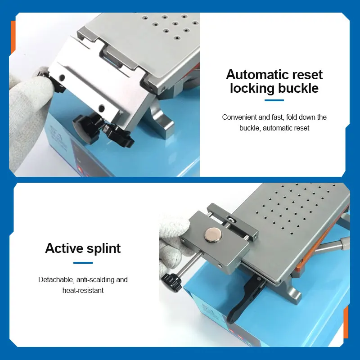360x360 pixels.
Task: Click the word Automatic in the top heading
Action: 257,75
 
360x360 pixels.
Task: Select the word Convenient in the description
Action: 239,117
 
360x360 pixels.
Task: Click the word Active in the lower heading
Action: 64,248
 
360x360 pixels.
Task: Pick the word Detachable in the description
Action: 55,279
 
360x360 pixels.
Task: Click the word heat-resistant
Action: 83,290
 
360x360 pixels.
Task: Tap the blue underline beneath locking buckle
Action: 274,100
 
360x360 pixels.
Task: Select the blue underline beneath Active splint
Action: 83,263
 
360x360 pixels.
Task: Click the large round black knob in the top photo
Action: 86,128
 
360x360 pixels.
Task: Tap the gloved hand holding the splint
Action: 175,243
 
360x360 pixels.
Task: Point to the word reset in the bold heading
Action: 308,75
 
